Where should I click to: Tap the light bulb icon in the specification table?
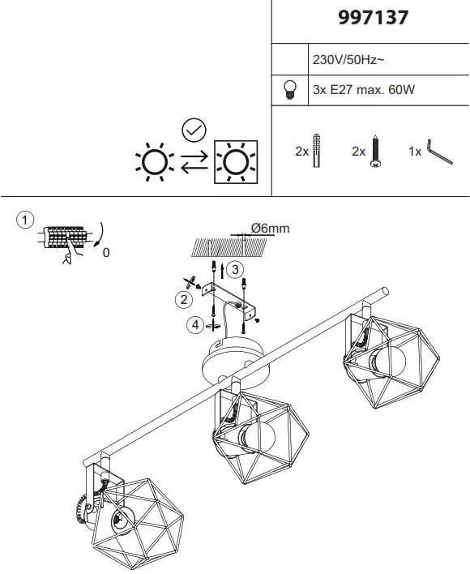pos(289,90)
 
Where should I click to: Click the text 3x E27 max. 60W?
pos(363,90)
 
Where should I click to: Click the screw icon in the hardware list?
pos(376,151)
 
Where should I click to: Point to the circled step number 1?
pos(26,221)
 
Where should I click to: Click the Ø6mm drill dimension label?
pos(270,229)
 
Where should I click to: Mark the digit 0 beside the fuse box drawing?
pos(106,253)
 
